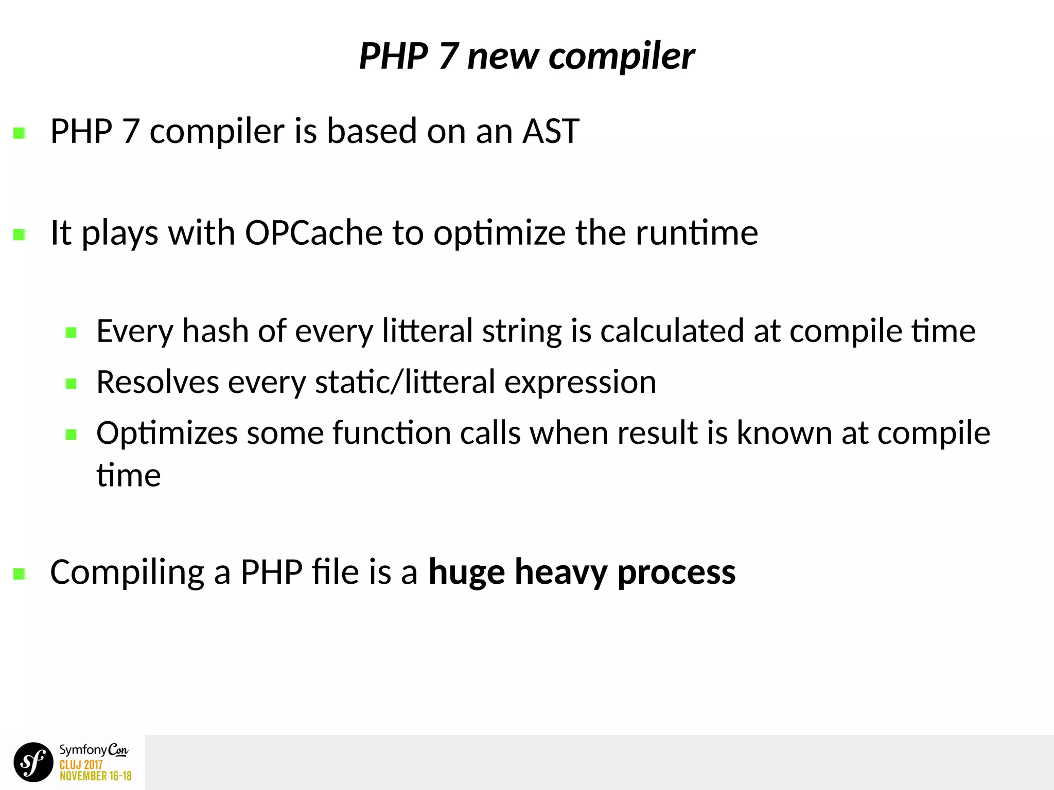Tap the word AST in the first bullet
[551, 131]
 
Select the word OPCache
[313, 233]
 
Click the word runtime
[697, 233]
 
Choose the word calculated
[672, 331]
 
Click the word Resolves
[157, 382]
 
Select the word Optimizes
[167, 434]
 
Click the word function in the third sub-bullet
[392, 433]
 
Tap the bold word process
[676, 572]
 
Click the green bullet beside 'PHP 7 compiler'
[20, 134]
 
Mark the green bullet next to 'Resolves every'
[71, 384]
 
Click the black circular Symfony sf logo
[33, 762]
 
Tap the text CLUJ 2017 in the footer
[81, 765]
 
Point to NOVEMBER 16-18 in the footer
[95, 776]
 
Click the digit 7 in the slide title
[448, 57]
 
